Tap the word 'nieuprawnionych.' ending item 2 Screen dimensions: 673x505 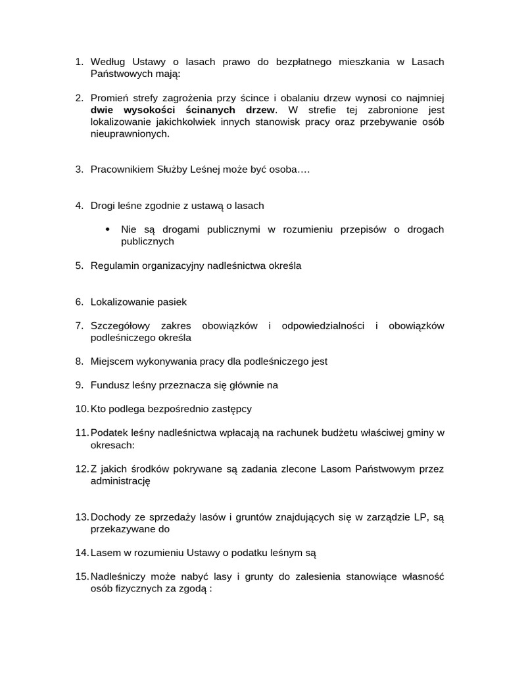pos(130,133)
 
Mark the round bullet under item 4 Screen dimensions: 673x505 pos(108,229)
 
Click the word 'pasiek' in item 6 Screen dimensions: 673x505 pos(172,302)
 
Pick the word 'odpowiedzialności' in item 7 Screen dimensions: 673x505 pos(322,326)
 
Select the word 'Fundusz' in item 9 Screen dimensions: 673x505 pos(108,385)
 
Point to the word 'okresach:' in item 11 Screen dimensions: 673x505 pos(112,445)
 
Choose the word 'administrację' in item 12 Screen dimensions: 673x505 pos(120,481)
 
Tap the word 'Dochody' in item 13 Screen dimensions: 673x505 pos(110,517)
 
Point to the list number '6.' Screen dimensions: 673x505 pos(79,302)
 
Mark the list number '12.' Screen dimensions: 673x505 pos(81,469)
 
